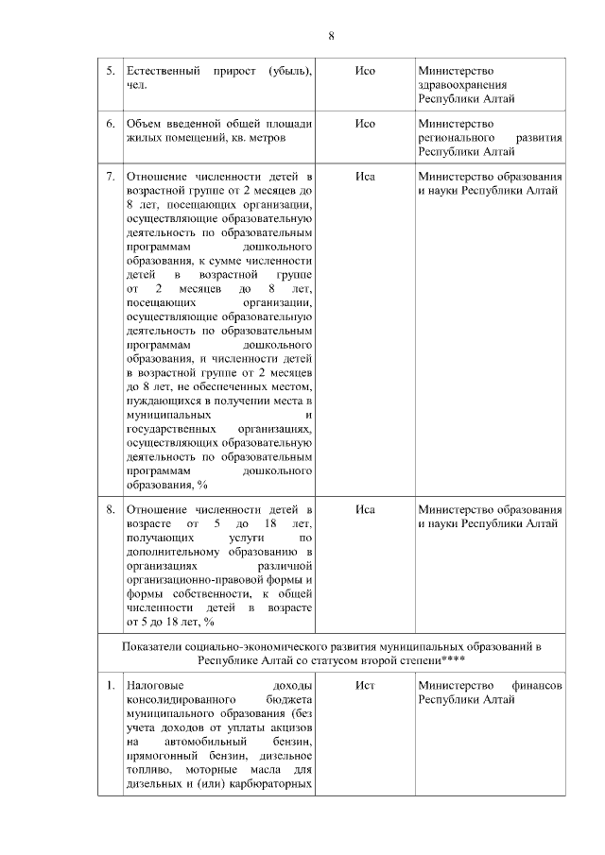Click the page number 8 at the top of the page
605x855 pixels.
[331, 36]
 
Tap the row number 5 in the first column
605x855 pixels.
[110, 72]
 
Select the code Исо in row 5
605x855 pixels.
[365, 72]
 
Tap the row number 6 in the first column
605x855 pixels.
[110, 124]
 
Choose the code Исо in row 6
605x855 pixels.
[365, 124]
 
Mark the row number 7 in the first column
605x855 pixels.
[110, 177]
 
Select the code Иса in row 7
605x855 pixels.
[365, 177]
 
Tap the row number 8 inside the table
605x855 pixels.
[110, 510]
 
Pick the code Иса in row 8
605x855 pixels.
[365, 510]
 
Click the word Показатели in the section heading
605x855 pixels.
[154, 644]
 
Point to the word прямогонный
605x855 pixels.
[164, 757]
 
